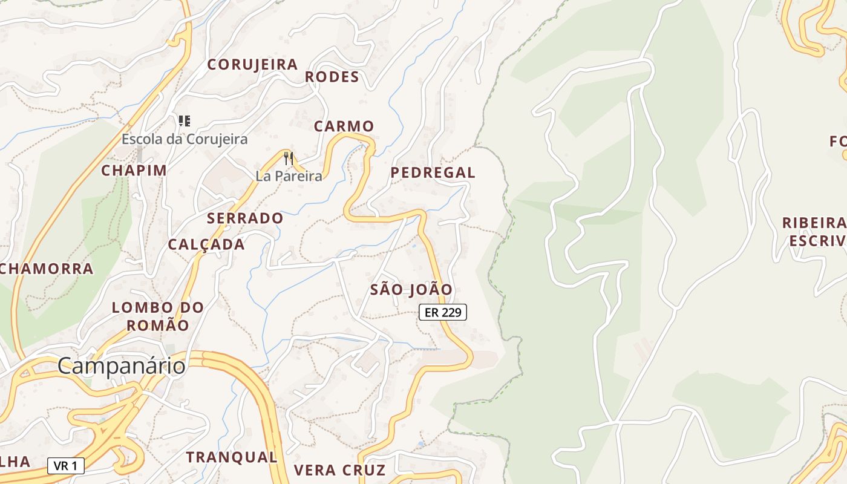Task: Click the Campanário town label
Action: pyautogui.click(x=121, y=366)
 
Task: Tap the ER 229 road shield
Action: pyautogui.click(x=443, y=312)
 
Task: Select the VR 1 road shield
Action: pyautogui.click(x=65, y=465)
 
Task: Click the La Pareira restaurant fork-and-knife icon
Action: pyautogui.click(x=289, y=159)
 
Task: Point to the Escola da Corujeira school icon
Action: pyautogui.click(x=185, y=121)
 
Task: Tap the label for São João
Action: pyautogui.click(x=411, y=290)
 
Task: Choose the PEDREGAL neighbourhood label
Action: pyautogui.click(x=433, y=172)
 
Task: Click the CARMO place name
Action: pyautogui.click(x=344, y=126)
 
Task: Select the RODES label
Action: pyautogui.click(x=332, y=77)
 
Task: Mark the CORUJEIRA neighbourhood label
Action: pyautogui.click(x=252, y=65)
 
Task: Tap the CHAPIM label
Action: pyautogui.click(x=134, y=171)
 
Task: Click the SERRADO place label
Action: pyautogui.click(x=245, y=218)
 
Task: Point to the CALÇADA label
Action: pyautogui.click(x=206, y=244)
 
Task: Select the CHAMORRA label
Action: pyautogui.click(x=47, y=269)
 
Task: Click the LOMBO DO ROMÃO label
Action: pyautogui.click(x=158, y=316)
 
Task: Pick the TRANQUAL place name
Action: pyautogui.click(x=231, y=457)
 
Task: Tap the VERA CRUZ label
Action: pyautogui.click(x=339, y=470)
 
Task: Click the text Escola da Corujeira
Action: pyautogui.click(x=185, y=139)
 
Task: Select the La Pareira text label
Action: pyautogui.click(x=289, y=176)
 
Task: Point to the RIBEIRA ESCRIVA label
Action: pyautogui.click(x=814, y=232)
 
